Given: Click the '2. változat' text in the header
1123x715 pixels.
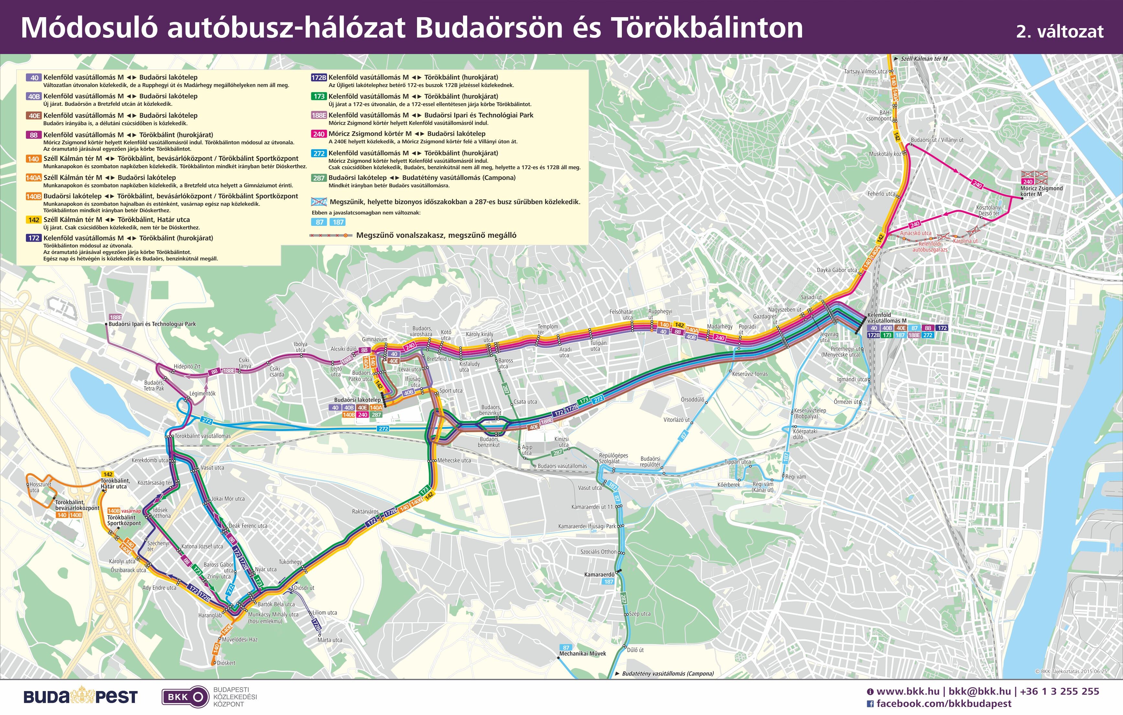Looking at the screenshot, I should click(x=1060, y=31).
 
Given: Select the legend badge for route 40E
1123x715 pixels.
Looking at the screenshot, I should click(x=34, y=116).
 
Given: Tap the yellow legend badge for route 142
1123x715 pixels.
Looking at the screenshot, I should click(x=34, y=220).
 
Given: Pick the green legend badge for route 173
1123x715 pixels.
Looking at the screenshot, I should click(x=319, y=96).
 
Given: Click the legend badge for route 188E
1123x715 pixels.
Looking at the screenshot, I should click(x=319, y=115).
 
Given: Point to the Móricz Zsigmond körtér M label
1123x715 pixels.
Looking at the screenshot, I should click(x=1041, y=191).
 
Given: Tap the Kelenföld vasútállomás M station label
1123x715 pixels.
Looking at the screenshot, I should click(x=886, y=318).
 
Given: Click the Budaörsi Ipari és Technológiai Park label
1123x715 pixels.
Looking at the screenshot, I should click(x=152, y=324).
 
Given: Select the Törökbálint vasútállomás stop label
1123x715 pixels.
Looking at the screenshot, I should click(x=203, y=436).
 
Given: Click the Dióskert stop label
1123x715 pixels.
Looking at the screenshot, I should click(x=226, y=663).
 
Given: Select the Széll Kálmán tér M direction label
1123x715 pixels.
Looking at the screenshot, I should click(x=924, y=59).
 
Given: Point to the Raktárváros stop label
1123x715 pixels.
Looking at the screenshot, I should click(x=365, y=511).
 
